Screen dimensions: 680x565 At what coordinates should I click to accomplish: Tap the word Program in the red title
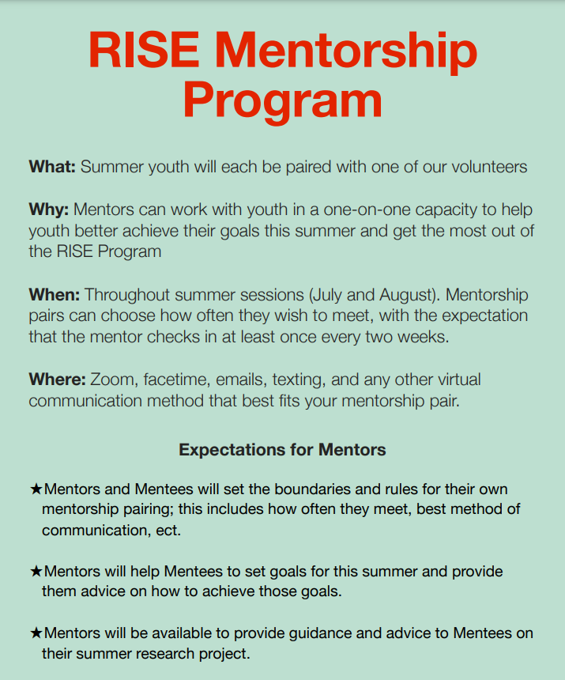[282, 100]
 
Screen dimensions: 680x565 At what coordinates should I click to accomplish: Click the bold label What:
[52, 167]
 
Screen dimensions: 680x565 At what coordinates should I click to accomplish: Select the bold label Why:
[50, 210]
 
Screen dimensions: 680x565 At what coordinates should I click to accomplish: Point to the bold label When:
[55, 294]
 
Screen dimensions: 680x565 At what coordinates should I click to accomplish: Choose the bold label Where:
[58, 380]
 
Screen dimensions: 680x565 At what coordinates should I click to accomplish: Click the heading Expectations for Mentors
[282, 450]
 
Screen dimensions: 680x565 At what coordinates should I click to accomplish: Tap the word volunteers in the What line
[484, 167]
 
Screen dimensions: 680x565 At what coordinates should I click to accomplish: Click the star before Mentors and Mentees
[36, 489]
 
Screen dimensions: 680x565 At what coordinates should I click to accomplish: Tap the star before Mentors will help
[36, 571]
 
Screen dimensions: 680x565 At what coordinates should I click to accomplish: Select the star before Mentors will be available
[36, 633]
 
